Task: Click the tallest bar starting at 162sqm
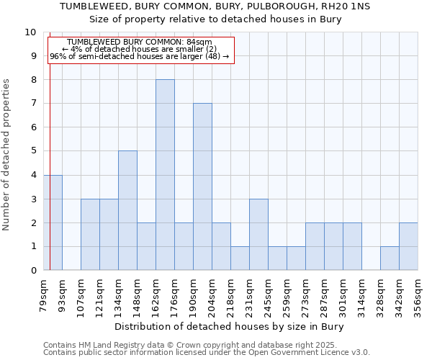coord(165,175)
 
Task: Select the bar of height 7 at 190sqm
coord(202,186)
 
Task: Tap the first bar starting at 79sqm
coord(53,222)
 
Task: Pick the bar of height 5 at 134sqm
coord(127,210)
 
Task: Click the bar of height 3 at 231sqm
coord(258,234)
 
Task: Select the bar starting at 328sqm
coord(390,258)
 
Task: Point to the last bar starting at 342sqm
coord(408,246)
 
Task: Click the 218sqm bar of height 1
coord(240,258)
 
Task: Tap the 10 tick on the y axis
coord(30,32)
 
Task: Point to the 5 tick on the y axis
coord(33,151)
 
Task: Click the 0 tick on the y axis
coord(33,270)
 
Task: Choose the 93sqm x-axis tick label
coord(62,295)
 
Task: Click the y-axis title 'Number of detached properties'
coord(7,156)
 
